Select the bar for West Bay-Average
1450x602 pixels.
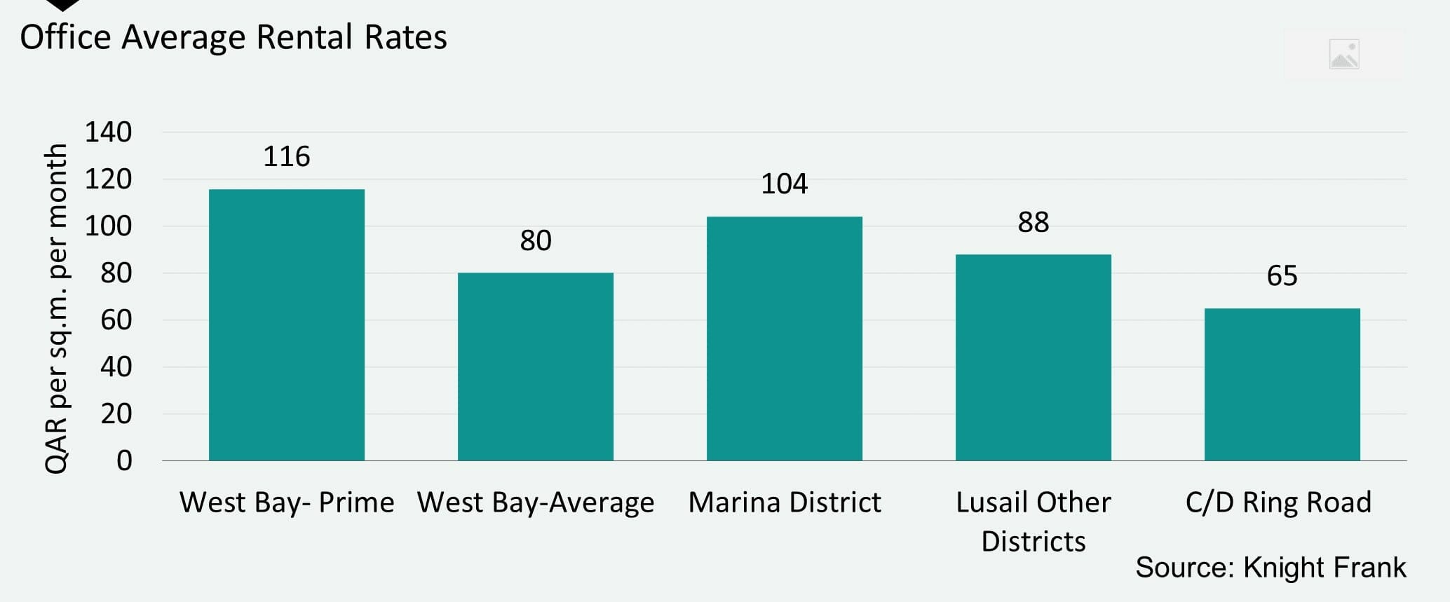tap(536, 367)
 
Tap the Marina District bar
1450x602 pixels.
tap(785, 338)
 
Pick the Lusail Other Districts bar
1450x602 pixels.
tap(1034, 357)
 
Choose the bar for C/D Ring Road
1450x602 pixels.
tap(1282, 384)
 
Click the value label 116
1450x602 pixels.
tap(287, 156)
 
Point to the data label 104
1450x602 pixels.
tap(785, 184)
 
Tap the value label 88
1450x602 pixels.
tap(1034, 222)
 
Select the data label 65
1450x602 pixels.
tap(1282, 275)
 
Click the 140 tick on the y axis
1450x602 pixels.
tap(108, 132)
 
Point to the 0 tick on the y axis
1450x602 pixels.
tap(124, 460)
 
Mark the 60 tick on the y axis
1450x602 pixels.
tap(116, 320)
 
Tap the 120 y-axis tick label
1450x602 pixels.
tap(108, 179)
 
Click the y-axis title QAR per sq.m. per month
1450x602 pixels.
tap(56, 308)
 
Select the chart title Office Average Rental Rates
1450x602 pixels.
tap(233, 37)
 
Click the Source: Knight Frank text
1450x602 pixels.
tap(1271, 567)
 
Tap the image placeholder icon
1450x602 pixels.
tap(1344, 55)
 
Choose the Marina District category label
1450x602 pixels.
tap(785, 502)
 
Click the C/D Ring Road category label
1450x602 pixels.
tap(1278, 502)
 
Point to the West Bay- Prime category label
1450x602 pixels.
tap(287, 502)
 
